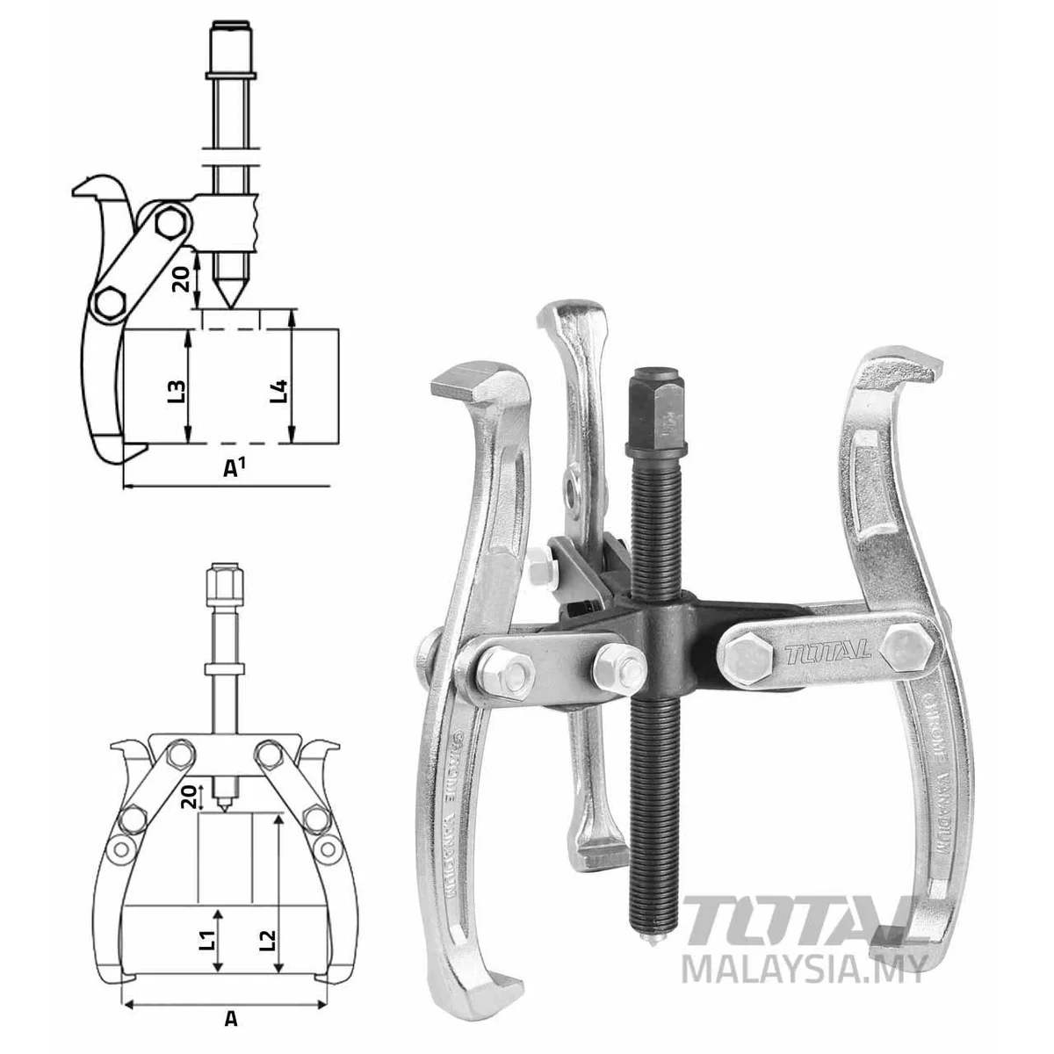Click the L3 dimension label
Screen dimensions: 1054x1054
tap(177, 386)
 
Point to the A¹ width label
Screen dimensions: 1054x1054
tap(233, 468)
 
